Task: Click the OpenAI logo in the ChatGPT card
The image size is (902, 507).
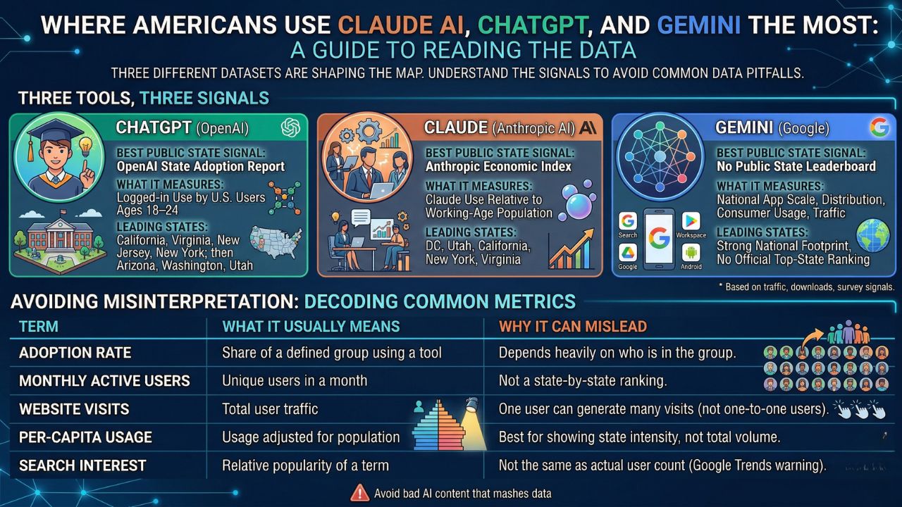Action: click(290, 127)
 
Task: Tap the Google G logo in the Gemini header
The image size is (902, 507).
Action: click(879, 127)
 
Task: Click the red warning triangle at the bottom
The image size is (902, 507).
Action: click(359, 492)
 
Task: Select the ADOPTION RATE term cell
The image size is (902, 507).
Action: click(75, 353)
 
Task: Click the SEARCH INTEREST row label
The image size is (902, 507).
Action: click(82, 465)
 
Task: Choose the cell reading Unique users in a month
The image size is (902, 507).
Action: click(295, 381)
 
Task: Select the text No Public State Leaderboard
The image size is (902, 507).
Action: click(796, 167)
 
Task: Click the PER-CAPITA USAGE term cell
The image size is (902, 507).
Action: click(85, 437)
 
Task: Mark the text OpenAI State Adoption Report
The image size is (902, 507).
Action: click(200, 167)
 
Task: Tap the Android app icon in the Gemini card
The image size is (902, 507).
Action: click(690, 255)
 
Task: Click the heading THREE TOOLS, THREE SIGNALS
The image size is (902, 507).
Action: click(144, 98)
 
